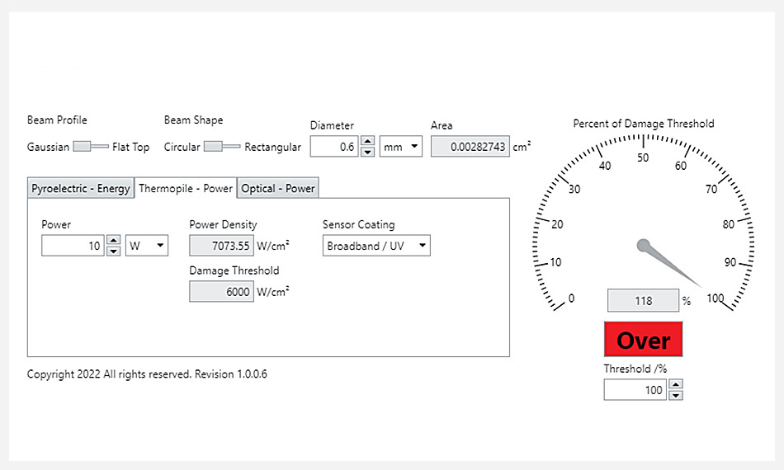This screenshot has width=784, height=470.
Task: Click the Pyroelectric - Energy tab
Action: pyautogui.click(x=81, y=188)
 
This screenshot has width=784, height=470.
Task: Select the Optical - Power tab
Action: pyautogui.click(x=277, y=188)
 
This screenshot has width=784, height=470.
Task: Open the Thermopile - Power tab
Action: pyautogui.click(x=186, y=188)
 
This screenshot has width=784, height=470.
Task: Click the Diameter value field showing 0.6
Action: pyautogui.click(x=334, y=147)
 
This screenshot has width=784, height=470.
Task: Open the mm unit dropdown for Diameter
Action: pyautogui.click(x=400, y=147)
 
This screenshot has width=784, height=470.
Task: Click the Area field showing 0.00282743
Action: pyautogui.click(x=470, y=147)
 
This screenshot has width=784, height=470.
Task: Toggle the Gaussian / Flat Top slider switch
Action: pyautogui.click(x=91, y=146)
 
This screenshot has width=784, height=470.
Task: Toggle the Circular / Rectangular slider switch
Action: pyautogui.click(x=222, y=146)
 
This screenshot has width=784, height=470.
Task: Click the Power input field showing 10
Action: pyautogui.click(x=73, y=246)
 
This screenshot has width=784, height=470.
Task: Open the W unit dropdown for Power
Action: pyautogui.click(x=147, y=246)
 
